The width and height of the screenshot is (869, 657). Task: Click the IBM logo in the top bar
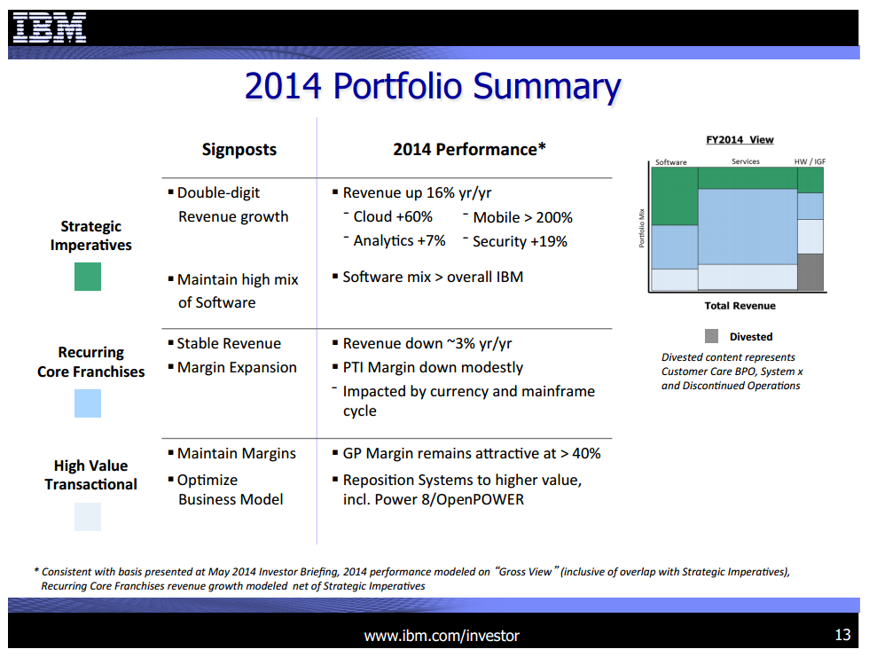[x=50, y=28]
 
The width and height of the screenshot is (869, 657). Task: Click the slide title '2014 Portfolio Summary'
[x=433, y=86]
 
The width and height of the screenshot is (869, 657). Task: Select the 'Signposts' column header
[x=239, y=150]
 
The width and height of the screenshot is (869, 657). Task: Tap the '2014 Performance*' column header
[x=469, y=150]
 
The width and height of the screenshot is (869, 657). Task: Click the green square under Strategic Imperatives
[x=88, y=277]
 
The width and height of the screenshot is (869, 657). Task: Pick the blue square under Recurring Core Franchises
[x=88, y=403]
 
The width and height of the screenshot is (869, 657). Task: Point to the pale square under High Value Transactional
[x=88, y=517]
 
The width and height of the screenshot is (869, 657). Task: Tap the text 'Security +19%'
[x=520, y=241]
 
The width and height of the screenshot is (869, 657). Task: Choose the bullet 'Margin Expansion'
[x=237, y=367]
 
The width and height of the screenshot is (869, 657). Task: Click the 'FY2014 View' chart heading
[x=740, y=139]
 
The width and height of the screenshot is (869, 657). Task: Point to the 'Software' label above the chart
[x=671, y=162]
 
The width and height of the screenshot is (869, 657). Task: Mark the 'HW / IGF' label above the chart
[x=810, y=162]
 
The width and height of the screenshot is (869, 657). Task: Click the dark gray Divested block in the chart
[x=810, y=272]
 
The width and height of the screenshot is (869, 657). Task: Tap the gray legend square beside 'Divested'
[x=711, y=336]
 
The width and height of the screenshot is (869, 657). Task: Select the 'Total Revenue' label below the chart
[x=740, y=306]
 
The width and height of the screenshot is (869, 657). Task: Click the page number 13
[x=842, y=635]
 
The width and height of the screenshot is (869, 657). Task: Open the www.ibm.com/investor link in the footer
[x=442, y=636]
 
